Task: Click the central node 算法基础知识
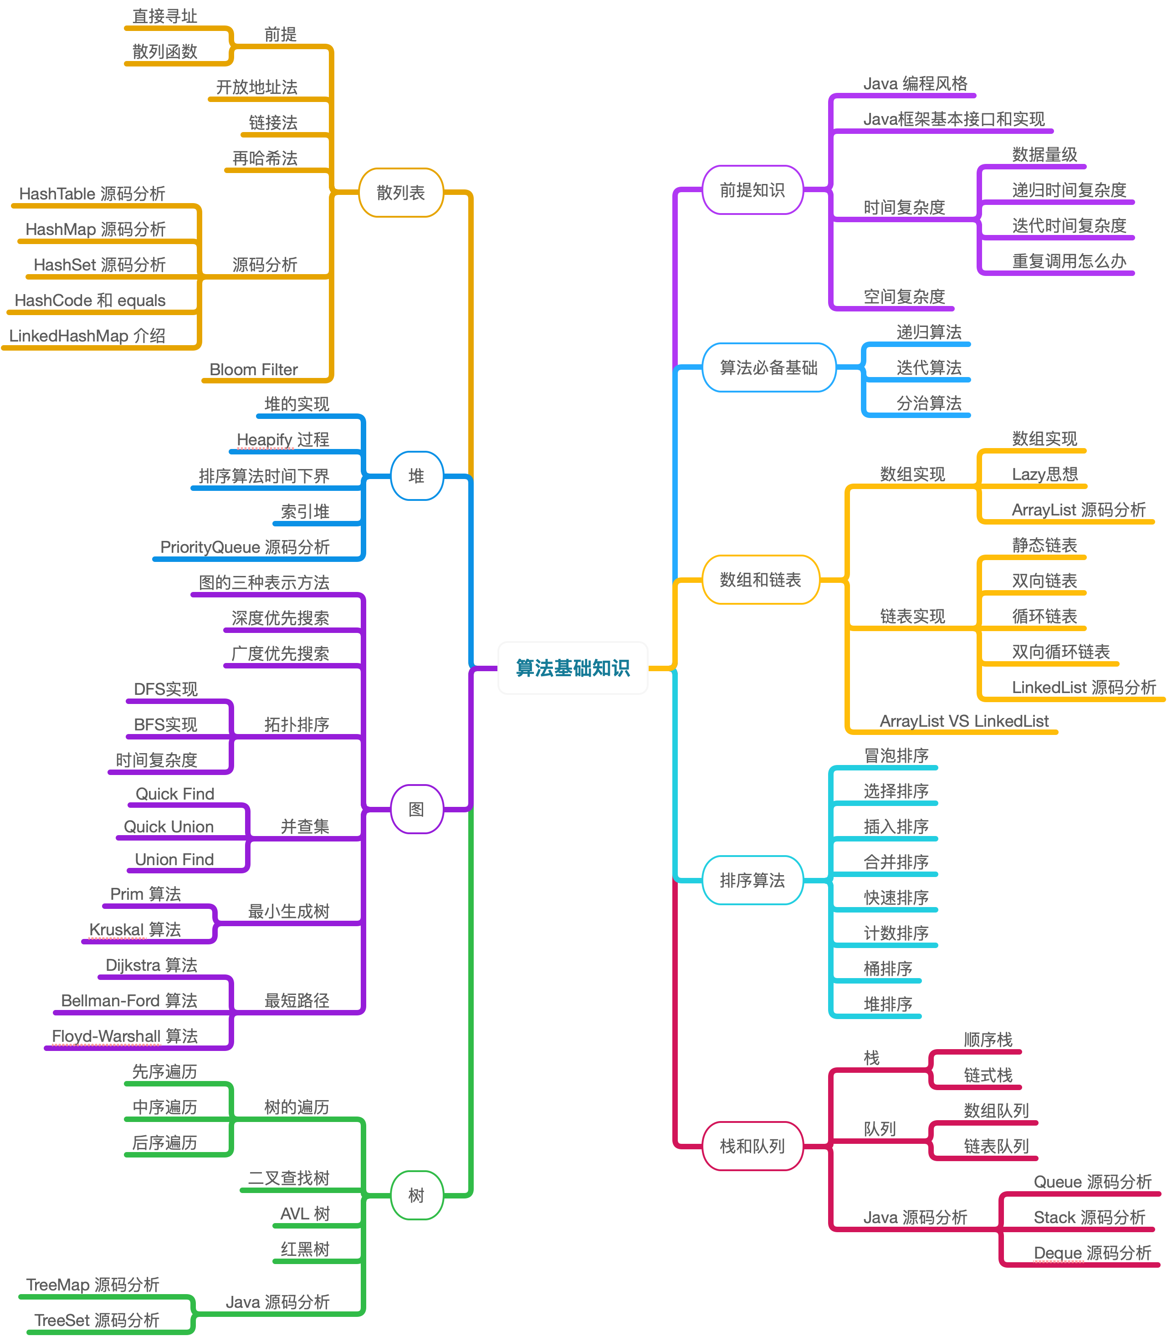pyautogui.click(x=573, y=668)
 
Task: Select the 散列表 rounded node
pyautogui.click(x=400, y=193)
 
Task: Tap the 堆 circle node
pyautogui.click(x=417, y=476)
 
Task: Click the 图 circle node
pyautogui.click(x=417, y=809)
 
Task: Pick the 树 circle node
pyautogui.click(x=417, y=1195)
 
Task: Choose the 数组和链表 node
pyautogui.click(x=760, y=580)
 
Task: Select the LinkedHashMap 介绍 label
pyautogui.click(x=87, y=336)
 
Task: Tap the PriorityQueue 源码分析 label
pyautogui.click(x=245, y=547)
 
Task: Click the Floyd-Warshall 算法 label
pyautogui.click(x=125, y=1036)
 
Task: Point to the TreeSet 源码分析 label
pyautogui.click(x=97, y=1320)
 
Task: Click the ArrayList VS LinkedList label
pyautogui.click(x=964, y=721)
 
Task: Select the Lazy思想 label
pyautogui.click(x=1044, y=474)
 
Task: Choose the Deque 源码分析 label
pyautogui.click(x=1093, y=1253)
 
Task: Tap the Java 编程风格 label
pyautogui.click(x=916, y=83)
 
